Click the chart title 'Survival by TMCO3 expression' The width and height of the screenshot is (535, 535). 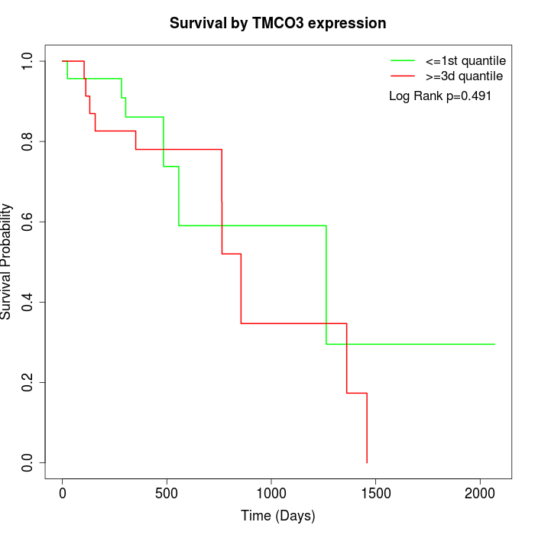coord(278,23)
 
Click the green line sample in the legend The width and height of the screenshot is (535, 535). coord(403,60)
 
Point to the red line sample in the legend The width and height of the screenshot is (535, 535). coord(403,76)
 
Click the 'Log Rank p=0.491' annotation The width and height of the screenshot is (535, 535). coord(439,96)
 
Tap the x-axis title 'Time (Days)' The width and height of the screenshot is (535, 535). coord(278,516)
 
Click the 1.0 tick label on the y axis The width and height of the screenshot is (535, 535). coord(28,61)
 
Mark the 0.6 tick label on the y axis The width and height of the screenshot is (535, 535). coord(28,222)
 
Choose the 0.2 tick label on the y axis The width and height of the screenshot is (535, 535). coord(28,382)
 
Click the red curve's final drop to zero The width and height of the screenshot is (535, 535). coord(367,428)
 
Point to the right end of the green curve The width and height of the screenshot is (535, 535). coord(494,344)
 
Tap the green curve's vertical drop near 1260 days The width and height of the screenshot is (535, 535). coord(326,284)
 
